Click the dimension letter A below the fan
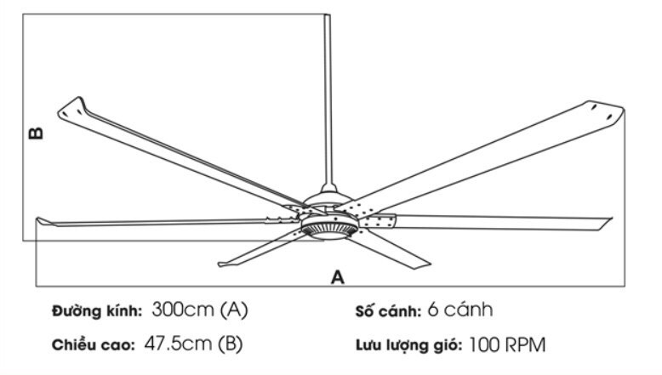(338, 276)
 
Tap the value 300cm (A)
(200, 310)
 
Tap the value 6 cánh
(460, 310)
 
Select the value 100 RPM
(507, 344)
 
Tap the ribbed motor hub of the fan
(327, 230)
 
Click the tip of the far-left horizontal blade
(41, 222)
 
